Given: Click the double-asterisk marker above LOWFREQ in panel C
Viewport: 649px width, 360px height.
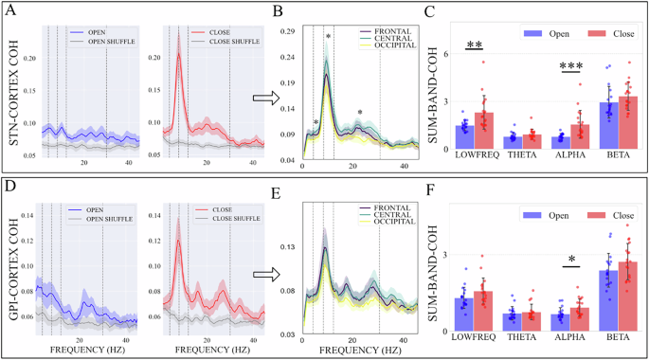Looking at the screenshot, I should tap(475, 45).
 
